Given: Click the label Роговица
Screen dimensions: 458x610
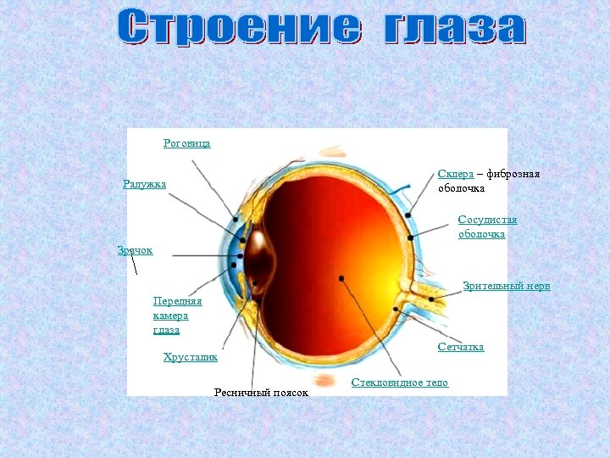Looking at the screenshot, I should pyautogui.click(x=186, y=143).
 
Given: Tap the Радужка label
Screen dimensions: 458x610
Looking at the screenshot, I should pyautogui.click(x=144, y=184).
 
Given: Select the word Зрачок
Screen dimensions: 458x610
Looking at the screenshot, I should pyautogui.click(x=135, y=249).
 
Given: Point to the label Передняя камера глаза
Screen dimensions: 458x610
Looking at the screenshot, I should pyautogui.click(x=177, y=315).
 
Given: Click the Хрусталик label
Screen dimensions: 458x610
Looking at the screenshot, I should pyautogui.click(x=190, y=357).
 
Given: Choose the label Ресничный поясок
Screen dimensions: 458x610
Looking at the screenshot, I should pyautogui.click(x=261, y=393).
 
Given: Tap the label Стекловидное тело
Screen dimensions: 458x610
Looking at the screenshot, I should pyautogui.click(x=399, y=383).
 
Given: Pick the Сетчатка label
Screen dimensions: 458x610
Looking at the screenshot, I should pyautogui.click(x=461, y=347).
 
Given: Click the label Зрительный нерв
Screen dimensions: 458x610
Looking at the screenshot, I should pyautogui.click(x=507, y=286).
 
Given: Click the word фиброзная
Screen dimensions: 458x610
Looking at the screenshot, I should pyautogui.click(x=512, y=174).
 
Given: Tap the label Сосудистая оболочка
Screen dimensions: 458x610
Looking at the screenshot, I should pyautogui.click(x=487, y=226).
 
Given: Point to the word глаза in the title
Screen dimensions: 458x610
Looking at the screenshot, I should pyautogui.click(x=455, y=27).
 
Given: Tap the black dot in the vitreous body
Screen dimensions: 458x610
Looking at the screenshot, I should pyautogui.click(x=340, y=278).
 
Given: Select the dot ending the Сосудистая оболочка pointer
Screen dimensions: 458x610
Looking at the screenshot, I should pyautogui.click(x=411, y=238).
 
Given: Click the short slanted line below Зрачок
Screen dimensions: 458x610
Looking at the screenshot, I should pyautogui.click(x=134, y=265).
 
